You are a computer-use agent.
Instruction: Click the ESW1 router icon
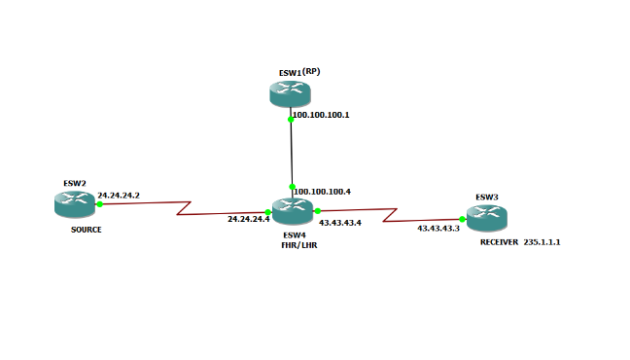pyautogui.click(x=290, y=93)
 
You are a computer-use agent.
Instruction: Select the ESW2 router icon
pyautogui.click(x=75, y=203)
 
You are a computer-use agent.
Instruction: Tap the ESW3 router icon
pyautogui.click(x=486, y=217)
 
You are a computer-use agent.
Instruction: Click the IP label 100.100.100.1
pyautogui.click(x=321, y=115)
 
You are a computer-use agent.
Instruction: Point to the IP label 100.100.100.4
pyautogui.click(x=322, y=192)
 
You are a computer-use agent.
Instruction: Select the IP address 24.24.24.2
pyautogui.click(x=119, y=196)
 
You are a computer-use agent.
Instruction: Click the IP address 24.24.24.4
pyautogui.click(x=248, y=220)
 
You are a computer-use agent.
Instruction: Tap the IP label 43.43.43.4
pyautogui.click(x=340, y=223)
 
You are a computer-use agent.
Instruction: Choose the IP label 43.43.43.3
pyautogui.click(x=437, y=228)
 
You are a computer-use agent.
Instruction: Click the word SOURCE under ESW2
pyautogui.click(x=86, y=231)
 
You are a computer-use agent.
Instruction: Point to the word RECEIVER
pyautogui.click(x=499, y=241)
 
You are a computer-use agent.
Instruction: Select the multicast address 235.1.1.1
pyautogui.click(x=542, y=241)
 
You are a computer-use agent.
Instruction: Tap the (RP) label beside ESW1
pyautogui.click(x=312, y=72)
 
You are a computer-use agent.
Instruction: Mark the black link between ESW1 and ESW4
pyautogui.click(x=292, y=152)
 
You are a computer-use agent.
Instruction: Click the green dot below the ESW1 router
pyautogui.click(x=291, y=119)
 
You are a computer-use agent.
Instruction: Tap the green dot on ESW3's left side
pyautogui.click(x=463, y=219)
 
